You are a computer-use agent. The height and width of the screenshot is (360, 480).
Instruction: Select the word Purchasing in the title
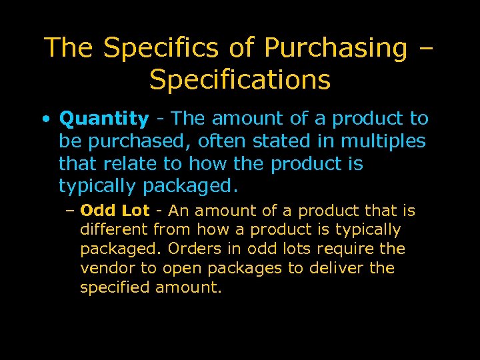(x=335, y=48)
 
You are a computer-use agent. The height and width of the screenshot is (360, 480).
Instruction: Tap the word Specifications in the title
(x=240, y=80)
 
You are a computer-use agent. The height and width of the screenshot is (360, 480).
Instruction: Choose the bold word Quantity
(x=104, y=119)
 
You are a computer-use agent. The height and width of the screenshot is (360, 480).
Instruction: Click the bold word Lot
(x=136, y=211)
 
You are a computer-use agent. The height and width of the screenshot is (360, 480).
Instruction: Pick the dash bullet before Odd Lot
(x=71, y=211)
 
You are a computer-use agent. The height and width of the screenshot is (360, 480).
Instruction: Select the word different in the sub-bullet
(x=114, y=230)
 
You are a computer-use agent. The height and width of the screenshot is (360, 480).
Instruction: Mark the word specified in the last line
(x=115, y=287)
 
